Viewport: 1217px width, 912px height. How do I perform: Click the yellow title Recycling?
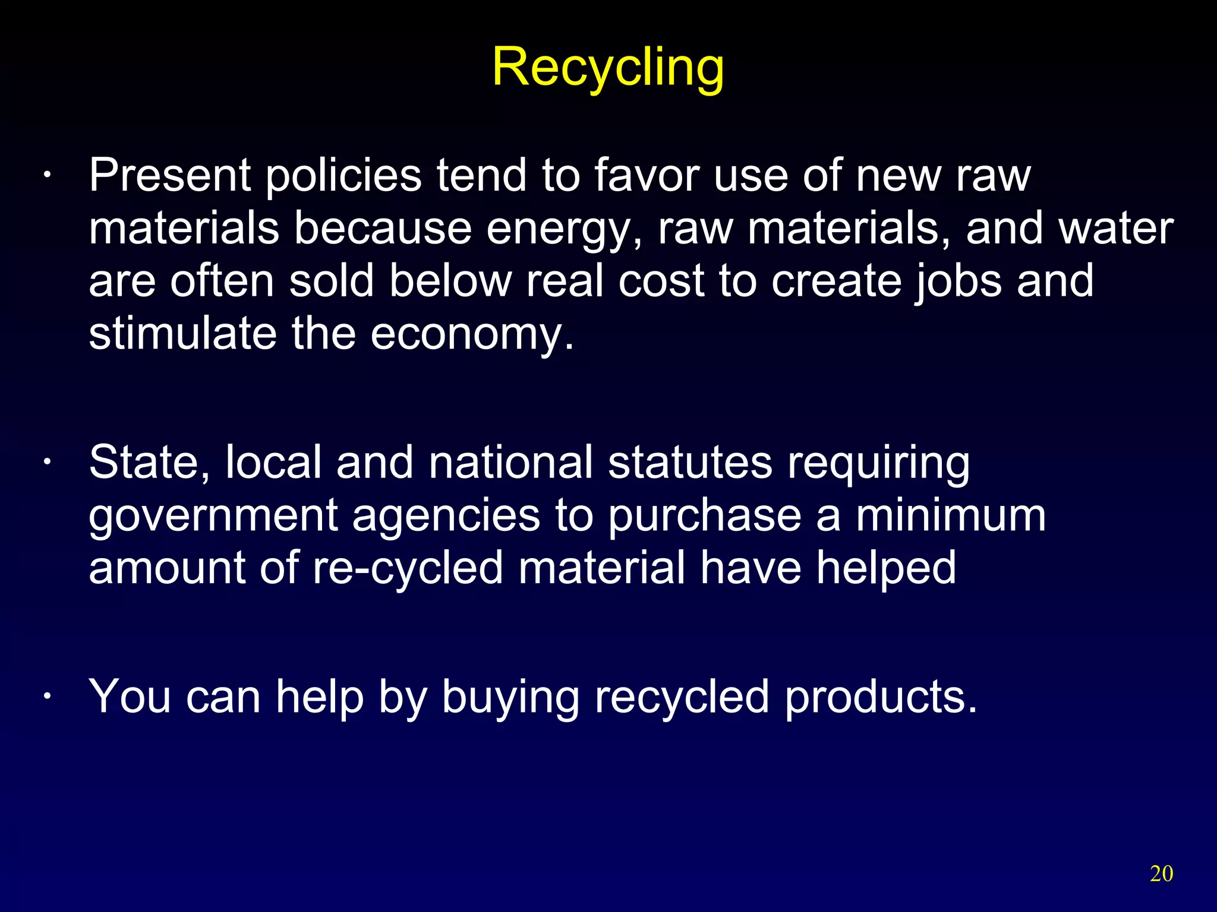pos(608,68)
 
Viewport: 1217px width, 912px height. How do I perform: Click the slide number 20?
pos(1161,874)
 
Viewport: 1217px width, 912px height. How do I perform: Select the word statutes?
pos(690,463)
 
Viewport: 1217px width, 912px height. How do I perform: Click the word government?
pos(213,516)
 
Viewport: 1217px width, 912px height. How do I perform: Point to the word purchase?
pos(704,516)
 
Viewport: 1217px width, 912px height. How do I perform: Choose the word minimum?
pos(950,515)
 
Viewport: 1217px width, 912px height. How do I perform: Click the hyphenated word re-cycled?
pos(408,568)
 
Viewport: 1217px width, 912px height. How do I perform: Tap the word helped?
pos(886,568)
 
